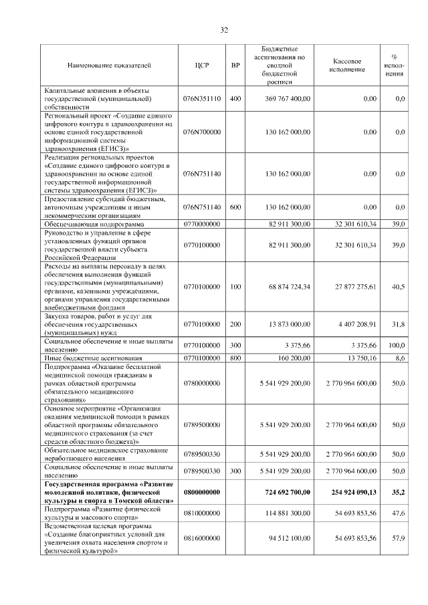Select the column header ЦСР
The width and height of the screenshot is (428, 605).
pos(202,66)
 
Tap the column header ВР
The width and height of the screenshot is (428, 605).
pos(235,66)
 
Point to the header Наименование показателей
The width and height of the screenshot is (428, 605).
pos(109,66)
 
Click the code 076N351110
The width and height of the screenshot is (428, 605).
pos(202,98)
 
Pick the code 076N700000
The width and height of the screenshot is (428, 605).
pos(202,132)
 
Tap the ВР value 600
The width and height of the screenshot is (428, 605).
pos(235,207)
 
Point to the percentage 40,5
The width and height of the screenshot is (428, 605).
pos(398,287)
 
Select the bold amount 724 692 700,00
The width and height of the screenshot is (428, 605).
pos(282,491)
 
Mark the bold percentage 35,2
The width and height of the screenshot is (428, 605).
pos(398,491)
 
